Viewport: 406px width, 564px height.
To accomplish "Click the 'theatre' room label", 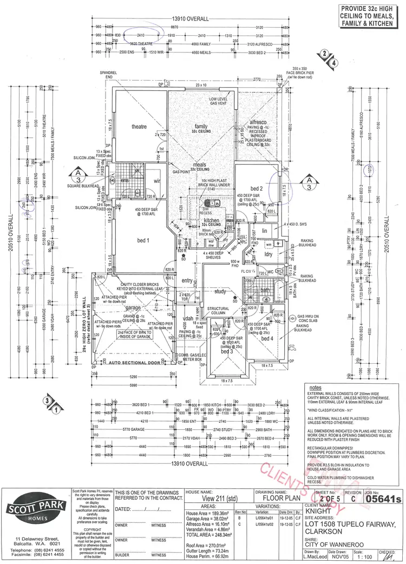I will [139, 127].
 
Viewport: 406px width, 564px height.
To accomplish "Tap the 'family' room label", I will [201, 127].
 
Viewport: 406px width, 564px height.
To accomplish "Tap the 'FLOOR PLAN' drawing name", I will [273, 500].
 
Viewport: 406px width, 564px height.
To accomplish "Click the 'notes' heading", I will [315, 388].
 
